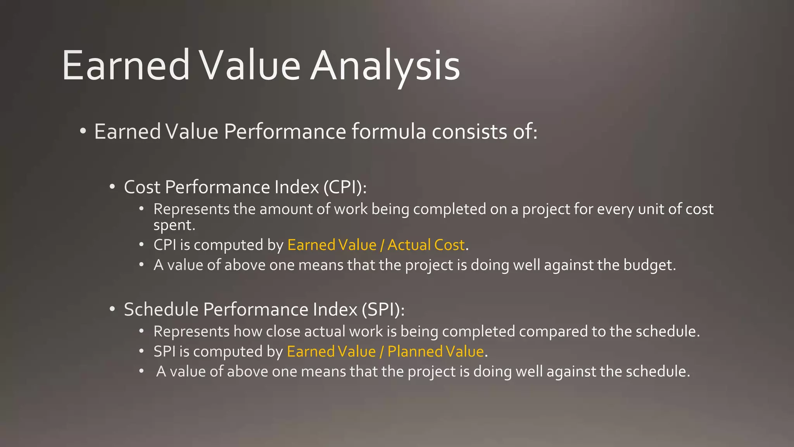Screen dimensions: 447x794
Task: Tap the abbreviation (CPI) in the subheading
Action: pyautogui.click(x=345, y=187)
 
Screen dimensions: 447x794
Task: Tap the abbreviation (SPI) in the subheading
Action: pyautogui.click(x=383, y=310)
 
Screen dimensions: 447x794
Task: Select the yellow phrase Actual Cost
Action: pyautogui.click(x=426, y=245)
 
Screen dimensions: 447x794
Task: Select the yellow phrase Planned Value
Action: pyautogui.click(x=435, y=352)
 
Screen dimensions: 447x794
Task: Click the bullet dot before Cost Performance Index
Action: pyautogui.click(x=112, y=187)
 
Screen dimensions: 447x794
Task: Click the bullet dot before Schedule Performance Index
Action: pyautogui.click(x=112, y=310)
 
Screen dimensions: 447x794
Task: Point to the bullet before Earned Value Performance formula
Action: pyautogui.click(x=83, y=132)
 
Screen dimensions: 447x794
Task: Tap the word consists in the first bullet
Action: pyautogui.click(x=469, y=132)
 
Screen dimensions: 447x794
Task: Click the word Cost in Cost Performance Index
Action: pyautogui.click(x=142, y=187)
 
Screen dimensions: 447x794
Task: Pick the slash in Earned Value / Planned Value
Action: pyautogui.click(x=381, y=352)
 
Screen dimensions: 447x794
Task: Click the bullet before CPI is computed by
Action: pyautogui.click(x=142, y=245)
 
